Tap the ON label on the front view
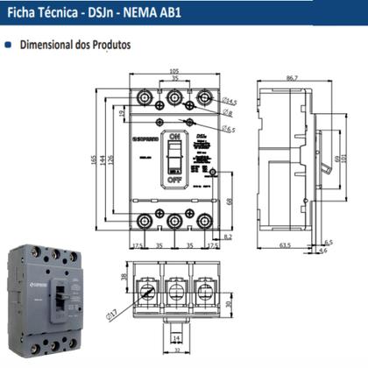point(173,138)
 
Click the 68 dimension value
point(229,202)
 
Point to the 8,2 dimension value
point(228,237)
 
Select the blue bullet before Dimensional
point(9,43)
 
